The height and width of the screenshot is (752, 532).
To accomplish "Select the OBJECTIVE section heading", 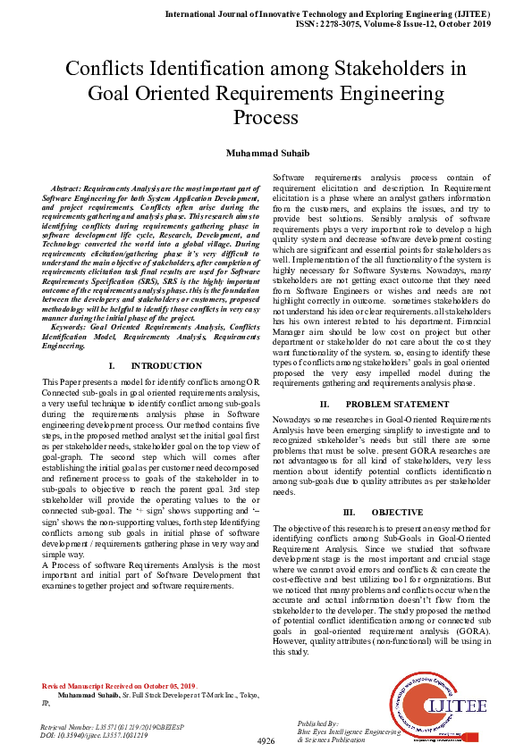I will (x=397, y=512).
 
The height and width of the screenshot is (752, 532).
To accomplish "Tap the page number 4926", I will (x=266, y=740).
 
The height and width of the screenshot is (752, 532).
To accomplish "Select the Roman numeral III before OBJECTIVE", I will (x=350, y=512).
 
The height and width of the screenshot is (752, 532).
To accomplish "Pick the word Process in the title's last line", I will (x=266, y=117).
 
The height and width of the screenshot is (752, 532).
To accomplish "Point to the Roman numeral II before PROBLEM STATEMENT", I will (x=325, y=405).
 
